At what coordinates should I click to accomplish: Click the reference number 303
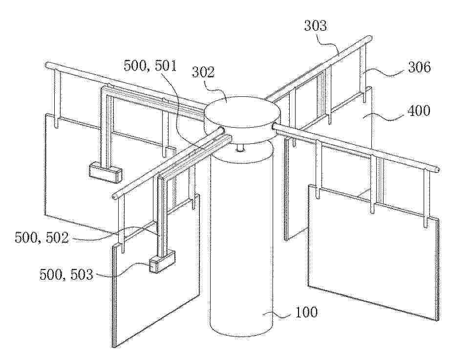pyautogui.click(x=316, y=25)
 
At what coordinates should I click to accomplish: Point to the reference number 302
pyautogui.click(x=203, y=72)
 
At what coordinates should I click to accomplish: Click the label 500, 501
pyautogui.click(x=150, y=66)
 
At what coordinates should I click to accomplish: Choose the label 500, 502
pyautogui.click(x=42, y=238)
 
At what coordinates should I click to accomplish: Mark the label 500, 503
pyautogui.click(x=66, y=275)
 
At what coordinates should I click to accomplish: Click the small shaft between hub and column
pyautogui.click(x=240, y=148)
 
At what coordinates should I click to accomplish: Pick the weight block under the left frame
pyautogui.click(x=105, y=172)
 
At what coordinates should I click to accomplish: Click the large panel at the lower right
pyautogui.click(x=373, y=253)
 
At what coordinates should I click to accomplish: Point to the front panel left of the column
pyautogui.click(x=156, y=270)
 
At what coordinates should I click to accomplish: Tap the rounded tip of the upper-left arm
pyautogui.click(x=48, y=65)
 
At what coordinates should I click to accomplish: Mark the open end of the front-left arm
pyautogui.click(x=114, y=195)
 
